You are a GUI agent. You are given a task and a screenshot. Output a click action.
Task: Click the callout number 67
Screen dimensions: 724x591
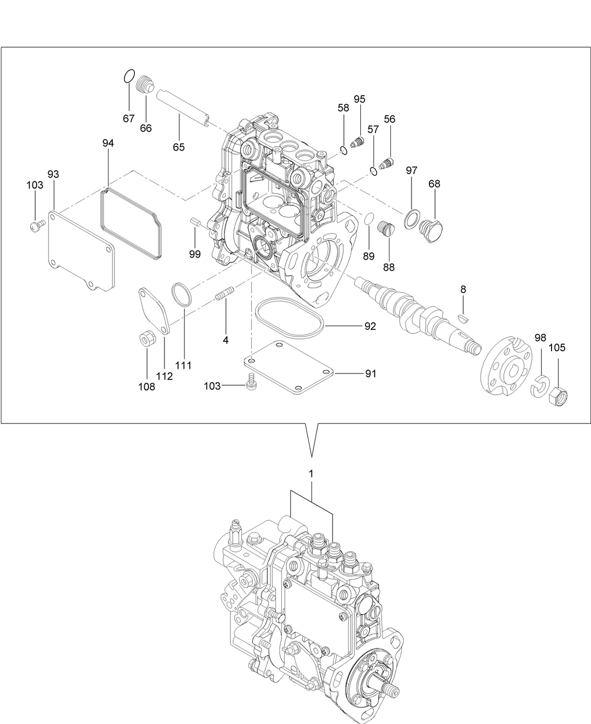[129, 119]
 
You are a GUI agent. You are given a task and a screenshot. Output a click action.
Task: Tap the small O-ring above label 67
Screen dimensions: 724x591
[129, 76]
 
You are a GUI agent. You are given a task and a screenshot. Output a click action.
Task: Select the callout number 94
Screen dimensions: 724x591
[108, 143]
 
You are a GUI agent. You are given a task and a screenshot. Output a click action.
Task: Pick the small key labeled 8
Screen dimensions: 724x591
[463, 318]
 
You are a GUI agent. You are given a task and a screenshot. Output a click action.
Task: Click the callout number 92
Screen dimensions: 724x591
[370, 326]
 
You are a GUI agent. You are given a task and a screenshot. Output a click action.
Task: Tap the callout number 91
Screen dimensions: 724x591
[371, 373]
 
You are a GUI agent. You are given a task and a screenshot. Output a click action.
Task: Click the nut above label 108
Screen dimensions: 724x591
[147, 338]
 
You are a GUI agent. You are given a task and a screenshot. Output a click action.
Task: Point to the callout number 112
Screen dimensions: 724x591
[165, 376]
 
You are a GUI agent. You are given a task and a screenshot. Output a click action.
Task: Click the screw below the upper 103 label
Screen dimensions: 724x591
[37, 225]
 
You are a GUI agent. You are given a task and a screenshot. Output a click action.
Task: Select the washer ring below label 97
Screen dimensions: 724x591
[412, 219]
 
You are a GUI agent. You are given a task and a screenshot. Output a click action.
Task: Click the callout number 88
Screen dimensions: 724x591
[388, 267]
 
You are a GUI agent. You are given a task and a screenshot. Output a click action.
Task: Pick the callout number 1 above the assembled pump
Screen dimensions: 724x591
[311, 473]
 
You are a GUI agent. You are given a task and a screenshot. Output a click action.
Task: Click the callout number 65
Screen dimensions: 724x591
[179, 147]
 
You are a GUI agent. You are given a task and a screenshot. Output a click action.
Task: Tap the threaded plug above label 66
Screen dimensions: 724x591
[145, 87]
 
